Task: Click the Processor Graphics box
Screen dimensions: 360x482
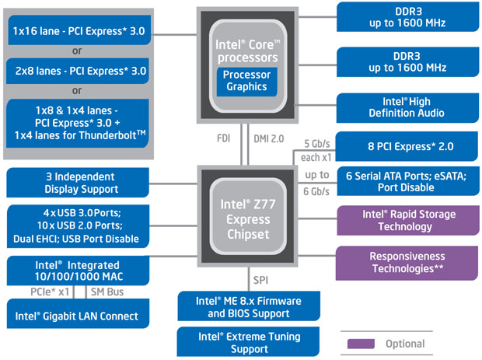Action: [246, 81]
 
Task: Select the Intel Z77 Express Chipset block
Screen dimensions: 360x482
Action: [246, 220]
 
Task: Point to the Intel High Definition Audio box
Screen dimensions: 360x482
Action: [403, 107]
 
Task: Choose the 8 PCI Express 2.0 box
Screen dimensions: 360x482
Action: [403, 145]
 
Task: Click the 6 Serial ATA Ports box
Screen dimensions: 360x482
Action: [403, 183]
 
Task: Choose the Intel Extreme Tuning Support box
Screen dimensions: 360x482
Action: [246, 342]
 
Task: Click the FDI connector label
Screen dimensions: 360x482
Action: [224, 139]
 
